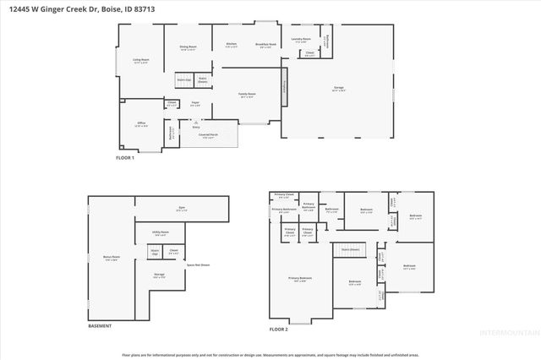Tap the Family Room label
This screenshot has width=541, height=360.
click(247, 95)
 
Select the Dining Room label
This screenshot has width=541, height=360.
click(188, 46)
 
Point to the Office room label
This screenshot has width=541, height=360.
click(142, 123)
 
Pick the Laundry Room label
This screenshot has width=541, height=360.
click(302, 39)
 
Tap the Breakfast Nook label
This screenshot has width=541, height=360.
click(265, 45)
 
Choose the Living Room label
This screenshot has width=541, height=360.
click(140, 60)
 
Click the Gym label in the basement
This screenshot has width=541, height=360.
click(181, 209)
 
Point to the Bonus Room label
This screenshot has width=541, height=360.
click(111, 259)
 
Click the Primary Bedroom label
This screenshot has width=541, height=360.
click(299, 278)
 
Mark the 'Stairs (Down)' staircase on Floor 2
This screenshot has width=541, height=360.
click(351, 249)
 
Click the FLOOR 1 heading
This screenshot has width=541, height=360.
click(125, 157)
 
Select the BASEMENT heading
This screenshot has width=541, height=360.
click(101, 326)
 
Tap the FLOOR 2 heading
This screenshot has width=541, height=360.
click(279, 328)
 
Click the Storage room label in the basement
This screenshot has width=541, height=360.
click(159, 275)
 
